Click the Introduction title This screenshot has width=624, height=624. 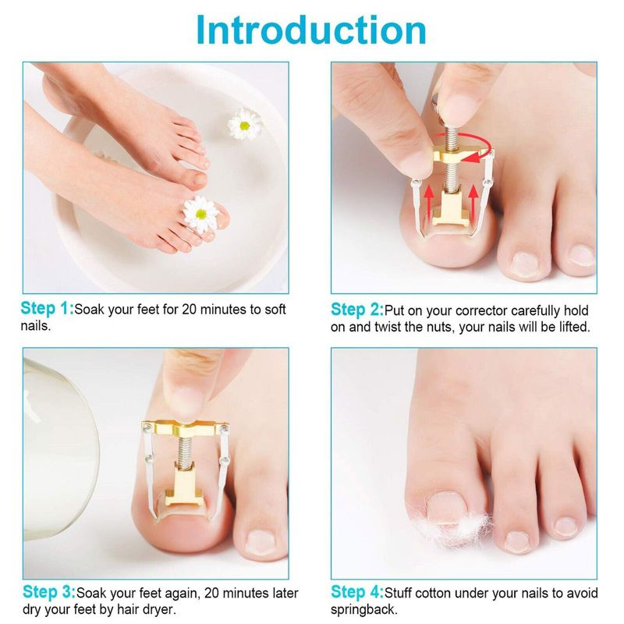pyautogui.click(x=311, y=30)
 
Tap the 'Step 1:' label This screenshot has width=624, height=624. pyautogui.click(x=48, y=308)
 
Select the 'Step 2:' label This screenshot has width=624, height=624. pyautogui.click(x=357, y=310)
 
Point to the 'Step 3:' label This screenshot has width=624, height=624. pyautogui.click(x=49, y=592)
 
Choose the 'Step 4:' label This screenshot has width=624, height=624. pyautogui.click(x=357, y=592)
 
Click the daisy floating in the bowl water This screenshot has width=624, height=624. pyautogui.click(x=244, y=124)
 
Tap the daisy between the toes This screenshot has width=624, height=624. pyautogui.click(x=201, y=213)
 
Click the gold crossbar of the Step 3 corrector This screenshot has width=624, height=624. pyautogui.click(x=186, y=428)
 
